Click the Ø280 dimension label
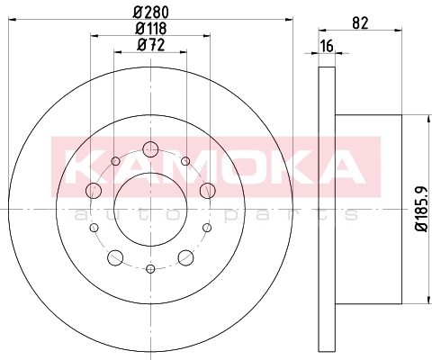[150, 13]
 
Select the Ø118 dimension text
[150, 29]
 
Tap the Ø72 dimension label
[150, 45]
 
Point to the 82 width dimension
[360, 22]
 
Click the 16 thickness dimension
[327, 46]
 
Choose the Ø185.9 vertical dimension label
[422, 209]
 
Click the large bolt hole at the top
[150, 149]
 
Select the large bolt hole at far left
[94, 190]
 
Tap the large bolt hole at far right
[208, 190]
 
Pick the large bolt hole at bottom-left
[115, 257]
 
